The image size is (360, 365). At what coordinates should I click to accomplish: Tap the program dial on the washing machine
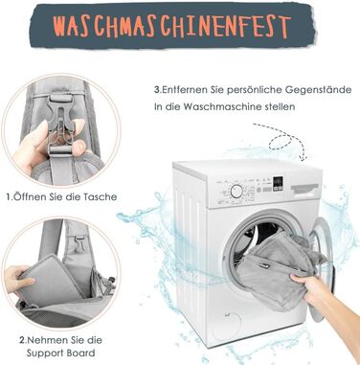tap(236, 191)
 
